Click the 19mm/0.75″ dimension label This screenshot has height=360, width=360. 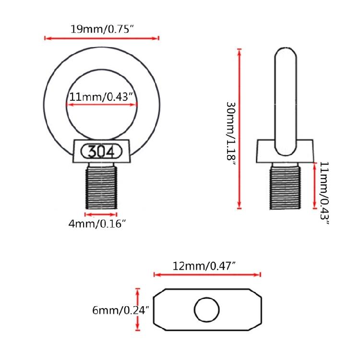102,29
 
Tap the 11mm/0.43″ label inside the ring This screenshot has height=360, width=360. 101,97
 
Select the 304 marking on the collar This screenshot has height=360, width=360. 101,152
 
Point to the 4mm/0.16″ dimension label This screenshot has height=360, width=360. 97,223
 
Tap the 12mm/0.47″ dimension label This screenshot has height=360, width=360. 204,266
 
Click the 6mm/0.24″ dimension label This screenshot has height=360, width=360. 121,310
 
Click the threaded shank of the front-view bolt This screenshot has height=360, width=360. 101,187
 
